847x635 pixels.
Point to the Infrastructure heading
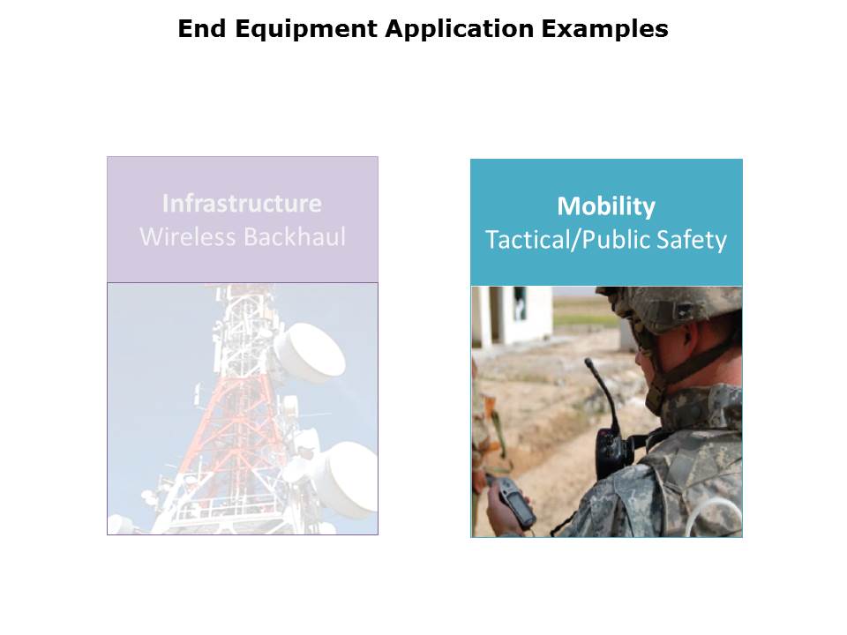tap(242, 204)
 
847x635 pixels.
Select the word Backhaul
tap(295, 236)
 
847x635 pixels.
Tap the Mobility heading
tap(606, 207)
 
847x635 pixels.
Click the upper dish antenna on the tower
tap(310, 352)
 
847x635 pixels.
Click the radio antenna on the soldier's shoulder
tap(601, 393)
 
